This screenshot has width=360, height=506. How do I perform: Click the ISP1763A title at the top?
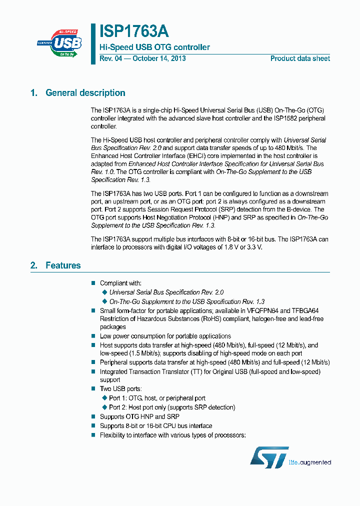pyautogui.click(x=134, y=31)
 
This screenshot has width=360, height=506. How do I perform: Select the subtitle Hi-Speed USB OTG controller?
pyautogui.click(x=154, y=47)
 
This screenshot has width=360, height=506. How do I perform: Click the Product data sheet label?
pyautogui.click(x=300, y=58)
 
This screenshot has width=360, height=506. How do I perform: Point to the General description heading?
pyautogui.click(x=85, y=92)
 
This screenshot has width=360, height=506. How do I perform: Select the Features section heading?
pyautogui.click(x=63, y=265)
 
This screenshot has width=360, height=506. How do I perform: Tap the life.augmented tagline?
pyautogui.click(x=310, y=462)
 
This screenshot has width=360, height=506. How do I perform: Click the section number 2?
pyautogui.click(x=33, y=265)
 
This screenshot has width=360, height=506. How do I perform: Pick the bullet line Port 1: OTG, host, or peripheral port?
pyautogui.click(x=157, y=398)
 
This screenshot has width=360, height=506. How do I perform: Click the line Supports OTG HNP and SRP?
pyautogui.click(x=139, y=416)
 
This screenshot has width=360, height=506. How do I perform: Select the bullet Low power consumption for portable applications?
pyautogui.click(x=165, y=336)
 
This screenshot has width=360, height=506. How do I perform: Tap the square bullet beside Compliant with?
pyautogui.click(x=93, y=283)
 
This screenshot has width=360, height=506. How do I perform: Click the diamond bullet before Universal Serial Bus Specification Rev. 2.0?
pyautogui.click(x=104, y=292)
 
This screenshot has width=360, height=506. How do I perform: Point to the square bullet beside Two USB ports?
pyautogui.click(x=93, y=388)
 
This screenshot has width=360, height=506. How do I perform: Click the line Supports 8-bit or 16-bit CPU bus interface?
pyautogui.click(x=155, y=426)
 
